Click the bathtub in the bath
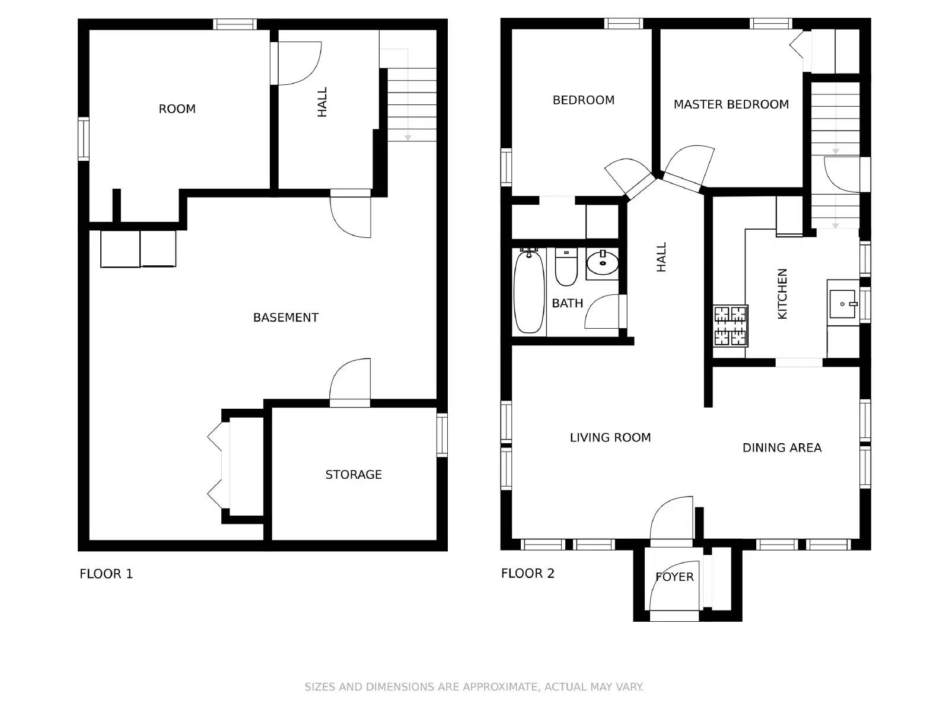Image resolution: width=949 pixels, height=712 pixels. (x=528, y=292)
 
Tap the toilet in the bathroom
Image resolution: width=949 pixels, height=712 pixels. (x=566, y=267)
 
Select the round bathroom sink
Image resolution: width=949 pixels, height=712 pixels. (x=602, y=262)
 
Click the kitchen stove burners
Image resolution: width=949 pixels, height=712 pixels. (x=730, y=326)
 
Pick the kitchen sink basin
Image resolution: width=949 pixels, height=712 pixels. (x=842, y=304)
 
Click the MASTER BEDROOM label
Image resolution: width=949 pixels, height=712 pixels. (x=731, y=104)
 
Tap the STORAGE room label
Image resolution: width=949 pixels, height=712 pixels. (x=354, y=475)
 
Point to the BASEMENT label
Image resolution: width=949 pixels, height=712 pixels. (x=286, y=318)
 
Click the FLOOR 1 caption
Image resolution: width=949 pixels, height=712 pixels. (x=106, y=574)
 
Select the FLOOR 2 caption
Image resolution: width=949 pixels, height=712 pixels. (x=527, y=574)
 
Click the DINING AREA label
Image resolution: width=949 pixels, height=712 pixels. (x=782, y=448)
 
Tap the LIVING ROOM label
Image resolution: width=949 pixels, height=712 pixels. (x=610, y=437)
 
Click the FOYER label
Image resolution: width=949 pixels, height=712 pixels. (x=674, y=577)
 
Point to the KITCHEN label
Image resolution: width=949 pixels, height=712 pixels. (x=782, y=294)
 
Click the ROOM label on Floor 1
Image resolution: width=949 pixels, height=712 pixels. (x=177, y=109)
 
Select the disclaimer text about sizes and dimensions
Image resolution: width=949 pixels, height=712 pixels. (x=474, y=687)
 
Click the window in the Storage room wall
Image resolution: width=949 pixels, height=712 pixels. (x=442, y=435)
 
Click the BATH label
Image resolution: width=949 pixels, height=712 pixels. (x=567, y=303)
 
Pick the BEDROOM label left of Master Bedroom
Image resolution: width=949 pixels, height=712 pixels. (x=583, y=100)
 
